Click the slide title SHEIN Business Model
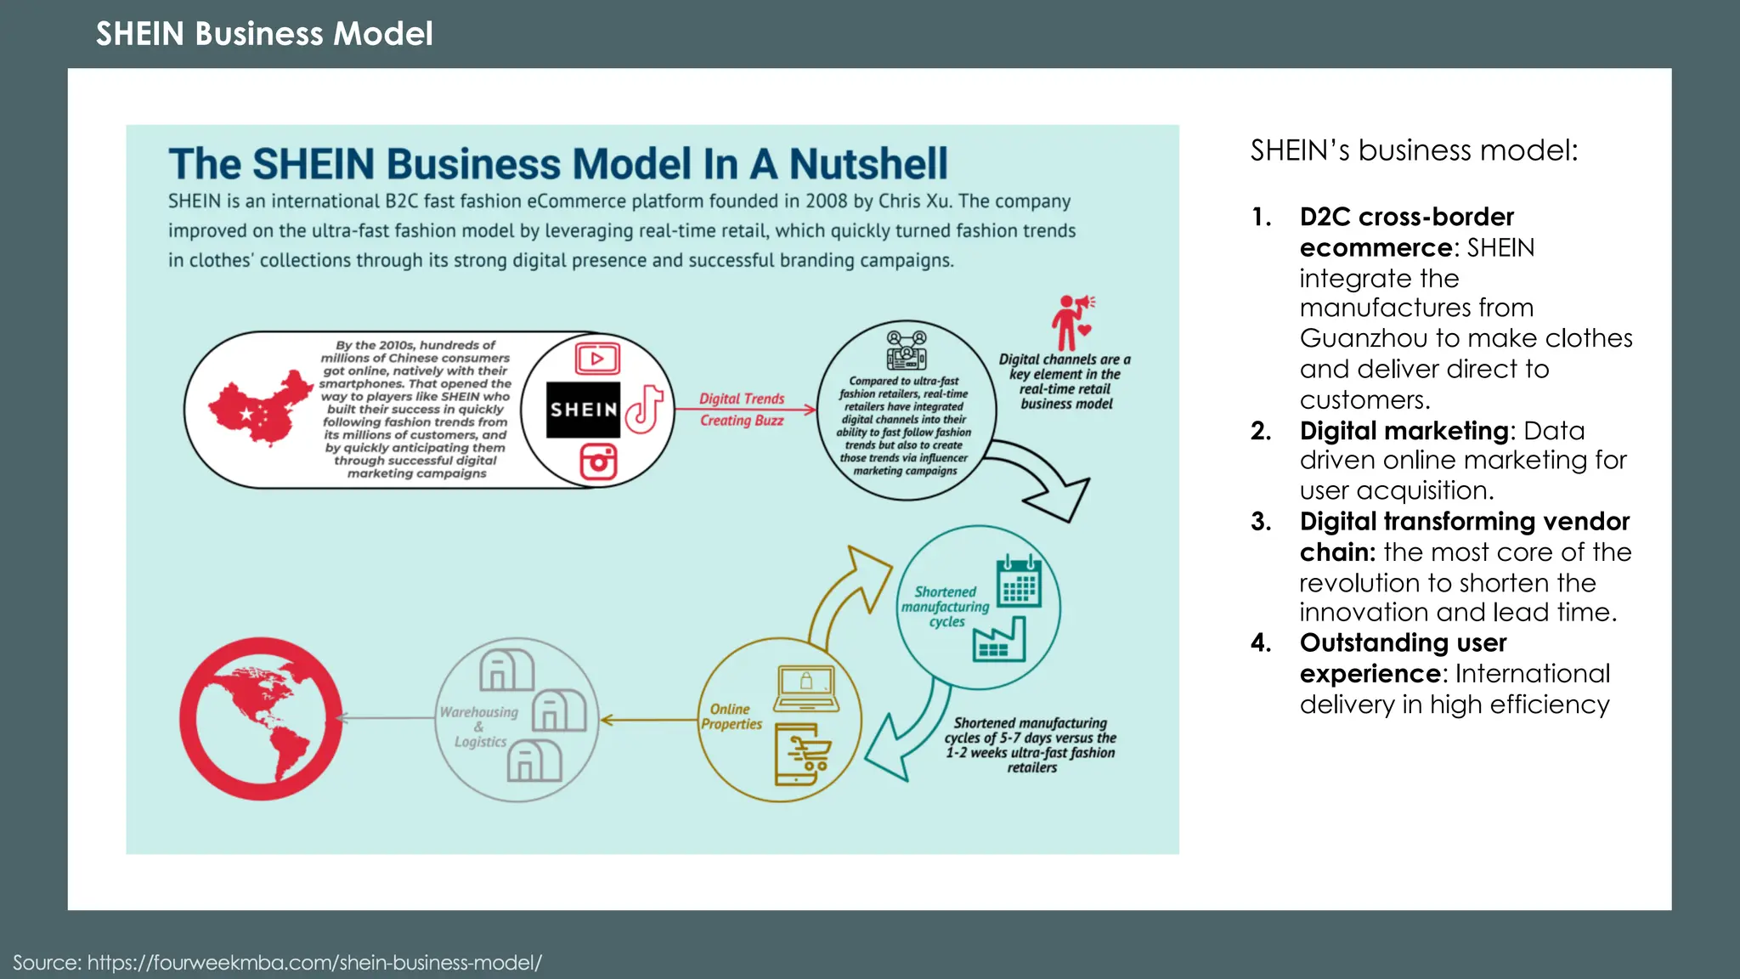pyautogui.click(x=264, y=34)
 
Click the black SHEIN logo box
pyautogui.click(x=583, y=410)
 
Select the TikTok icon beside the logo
pyautogui.click(x=645, y=410)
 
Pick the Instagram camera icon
pyautogui.click(x=598, y=461)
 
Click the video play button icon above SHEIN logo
pyautogui.click(x=597, y=359)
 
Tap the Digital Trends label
pyautogui.click(x=742, y=399)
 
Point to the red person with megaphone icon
pyautogui.click(x=1071, y=321)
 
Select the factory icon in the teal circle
pyautogui.click(x=1000, y=640)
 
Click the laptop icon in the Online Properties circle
pyautogui.click(x=805, y=688)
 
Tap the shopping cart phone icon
pyautogui.click(x=802, y=755)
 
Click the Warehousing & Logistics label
pyautogui.click(x=479, y=727)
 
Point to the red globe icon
pyautogui.click(x=260, y=719)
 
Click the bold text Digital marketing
pyautogui.click(x=1404, y=431)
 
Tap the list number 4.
pyautogui.click(x=1260, y=642)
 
